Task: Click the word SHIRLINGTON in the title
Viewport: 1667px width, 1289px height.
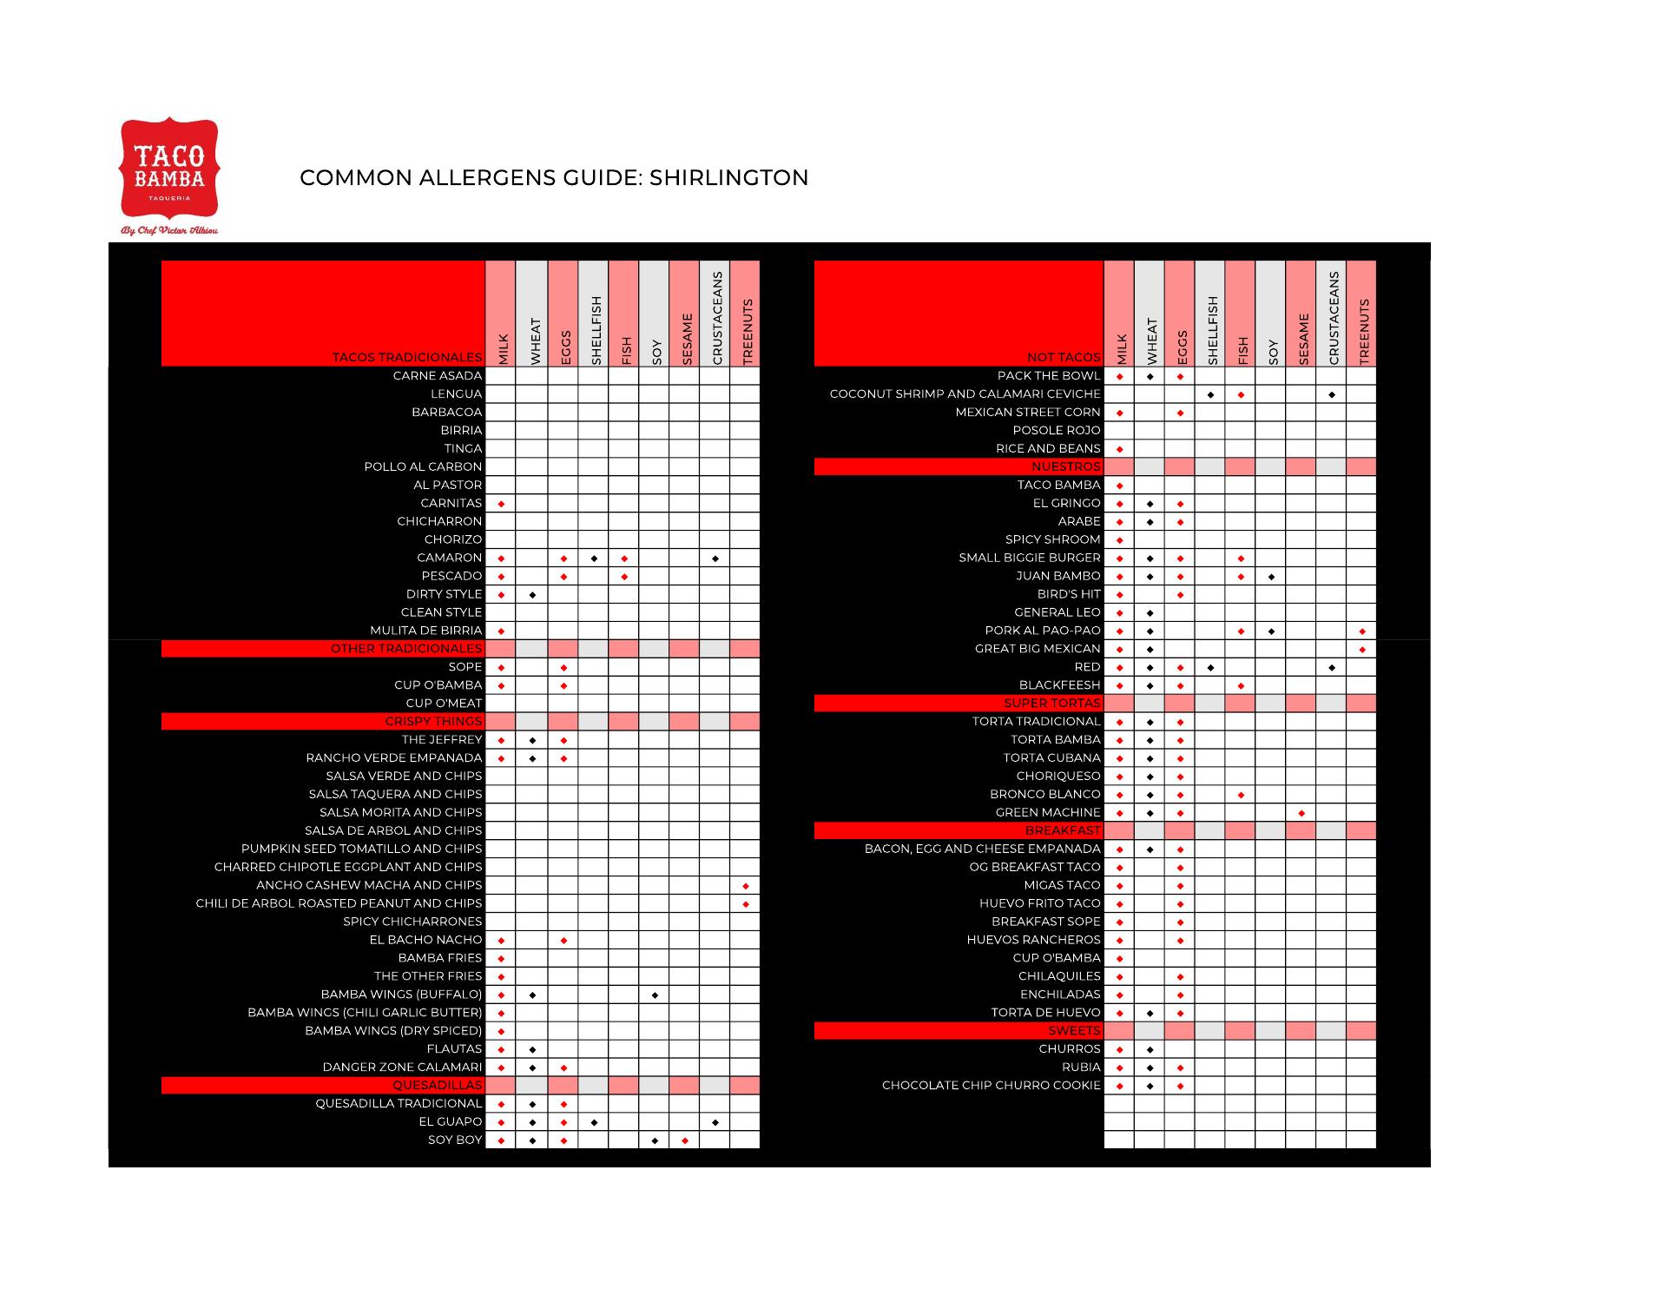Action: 728,178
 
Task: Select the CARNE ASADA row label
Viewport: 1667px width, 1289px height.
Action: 437,376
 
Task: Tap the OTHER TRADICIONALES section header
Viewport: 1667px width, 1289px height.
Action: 405,649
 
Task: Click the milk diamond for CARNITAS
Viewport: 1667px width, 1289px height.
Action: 501,504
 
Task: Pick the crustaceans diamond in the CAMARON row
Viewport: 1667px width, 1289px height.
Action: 715,559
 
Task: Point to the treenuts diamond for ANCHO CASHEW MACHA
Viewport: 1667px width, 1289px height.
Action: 745,886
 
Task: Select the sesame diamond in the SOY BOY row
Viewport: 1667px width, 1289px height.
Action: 684,1140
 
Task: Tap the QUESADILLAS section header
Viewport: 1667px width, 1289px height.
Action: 437,1086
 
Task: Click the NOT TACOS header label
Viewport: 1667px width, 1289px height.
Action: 1063,357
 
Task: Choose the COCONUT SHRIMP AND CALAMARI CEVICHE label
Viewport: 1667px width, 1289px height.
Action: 965,394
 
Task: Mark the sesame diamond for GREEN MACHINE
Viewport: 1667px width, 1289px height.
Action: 1301,813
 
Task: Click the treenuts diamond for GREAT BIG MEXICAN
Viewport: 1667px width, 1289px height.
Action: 1361,650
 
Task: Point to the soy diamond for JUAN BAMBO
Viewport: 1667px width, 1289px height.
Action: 1271,577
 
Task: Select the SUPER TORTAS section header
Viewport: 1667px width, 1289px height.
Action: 1051,704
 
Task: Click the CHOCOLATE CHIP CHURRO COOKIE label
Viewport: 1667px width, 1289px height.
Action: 991,1086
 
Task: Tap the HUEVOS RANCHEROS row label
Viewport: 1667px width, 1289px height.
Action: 1033,940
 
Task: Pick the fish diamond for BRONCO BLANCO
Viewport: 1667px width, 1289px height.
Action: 1241,795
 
